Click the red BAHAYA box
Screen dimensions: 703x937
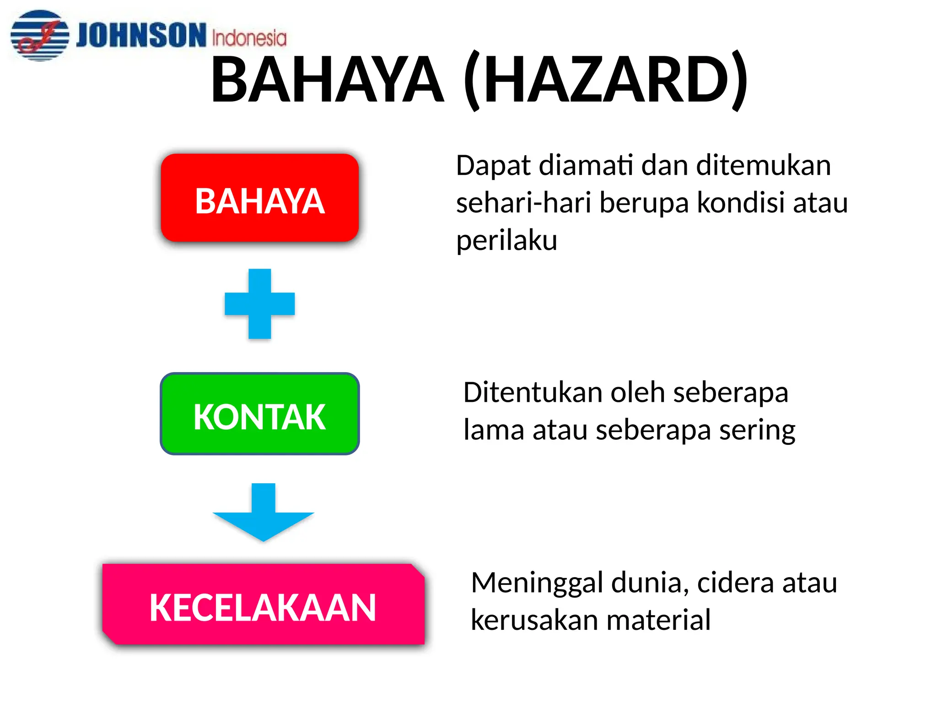[x=259, y=198]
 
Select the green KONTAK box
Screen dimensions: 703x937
[x=259, y=414]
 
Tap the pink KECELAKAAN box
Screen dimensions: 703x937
[x=263, y=605]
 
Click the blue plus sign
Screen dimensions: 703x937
[x=259, y=304]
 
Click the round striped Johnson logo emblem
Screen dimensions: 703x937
[x=40, y=35]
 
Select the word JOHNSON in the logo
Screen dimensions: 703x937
[x=141, y=35]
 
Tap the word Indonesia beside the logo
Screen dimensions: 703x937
[x=249, y=38]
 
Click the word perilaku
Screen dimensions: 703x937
[x=506, y=240]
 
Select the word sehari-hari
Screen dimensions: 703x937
[x=524, y=202]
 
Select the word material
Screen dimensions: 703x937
[x=658, y=620]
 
